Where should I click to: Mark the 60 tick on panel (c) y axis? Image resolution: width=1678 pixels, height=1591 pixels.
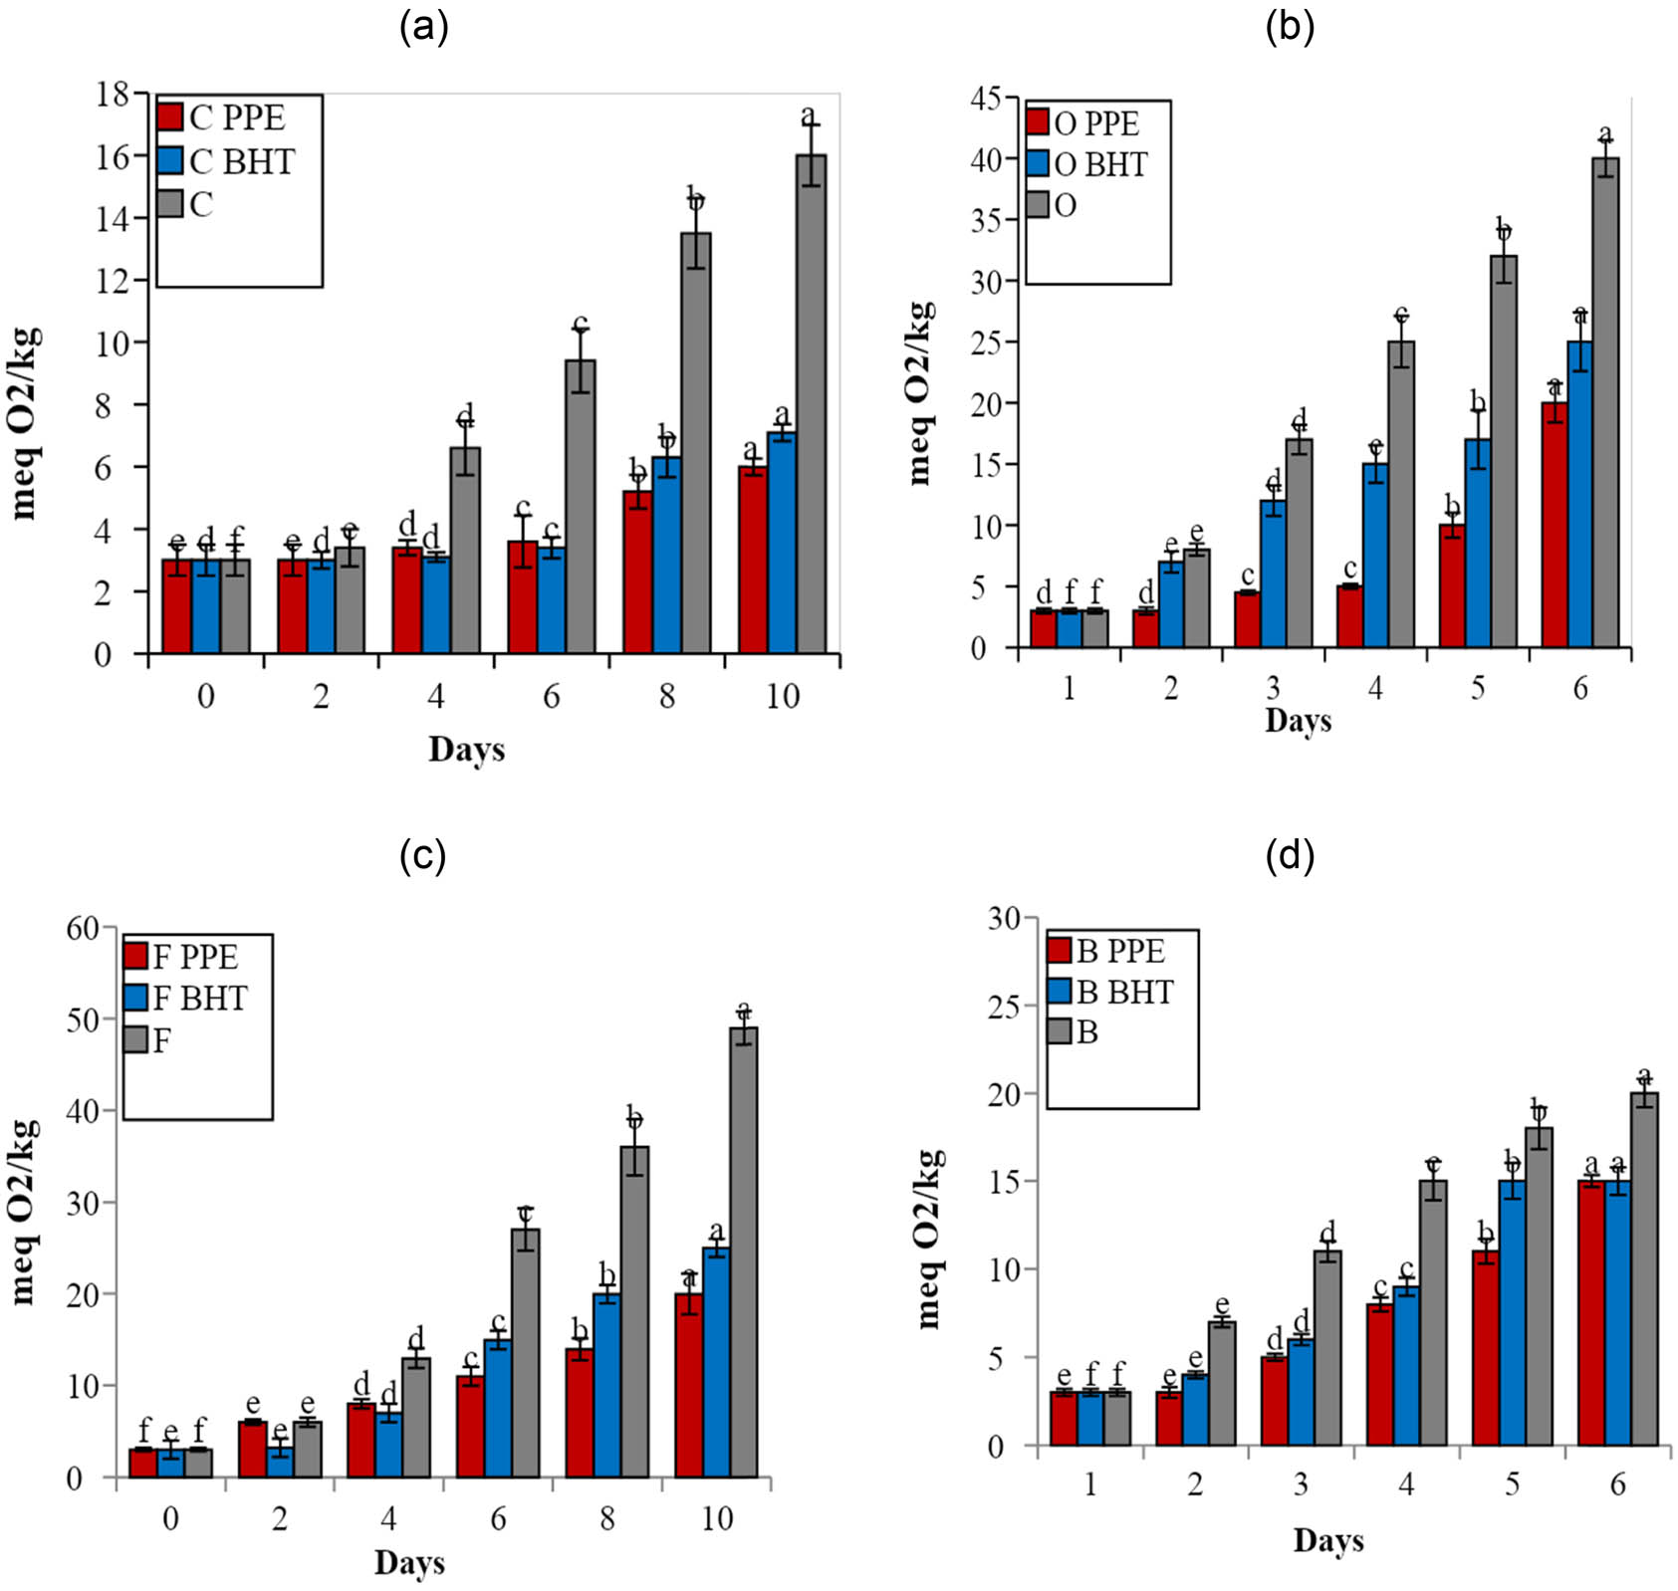(83, 928)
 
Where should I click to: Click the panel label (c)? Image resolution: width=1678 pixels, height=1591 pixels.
(422, 855)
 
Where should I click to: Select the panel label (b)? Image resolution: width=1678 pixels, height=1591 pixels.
(1290, 28)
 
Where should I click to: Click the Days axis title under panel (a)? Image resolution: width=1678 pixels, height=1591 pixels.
(466, 749)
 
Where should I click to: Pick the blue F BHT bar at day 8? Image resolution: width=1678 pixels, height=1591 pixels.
(606, 1385)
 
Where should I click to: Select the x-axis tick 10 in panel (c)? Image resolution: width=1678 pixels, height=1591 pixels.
(717, 1518)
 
